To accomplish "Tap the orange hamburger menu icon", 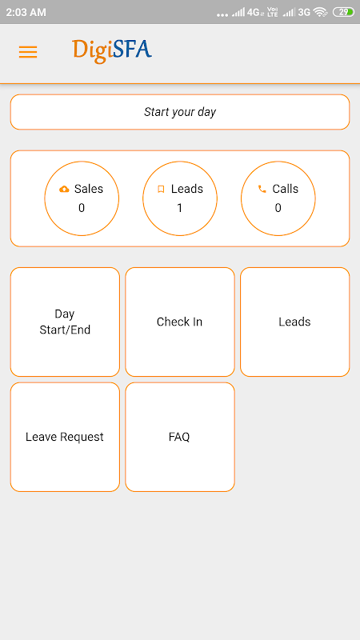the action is [28, 52].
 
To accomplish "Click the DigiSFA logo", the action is [112, 51].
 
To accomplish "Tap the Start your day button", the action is [180, 112].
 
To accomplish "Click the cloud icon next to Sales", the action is [64, 189].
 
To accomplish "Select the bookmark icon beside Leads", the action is [162, 189].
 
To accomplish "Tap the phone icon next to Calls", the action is [262, 189].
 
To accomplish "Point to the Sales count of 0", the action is [82, 208].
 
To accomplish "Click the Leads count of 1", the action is [179, 208].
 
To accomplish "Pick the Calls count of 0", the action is [278, 208].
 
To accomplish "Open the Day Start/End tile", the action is [65, 322].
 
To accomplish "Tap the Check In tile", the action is [180, 322].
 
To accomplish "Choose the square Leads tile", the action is [294, 322].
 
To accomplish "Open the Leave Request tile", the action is [65, 437].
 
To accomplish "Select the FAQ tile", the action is [180, 437].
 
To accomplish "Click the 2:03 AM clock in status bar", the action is [26, 12].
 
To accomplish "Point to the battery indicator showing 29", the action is [344, 12].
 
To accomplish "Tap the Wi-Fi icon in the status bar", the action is [321, 12].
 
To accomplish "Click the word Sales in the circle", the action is [89, 189].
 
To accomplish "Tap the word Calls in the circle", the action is [286, 189].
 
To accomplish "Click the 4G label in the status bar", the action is [253, 12].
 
